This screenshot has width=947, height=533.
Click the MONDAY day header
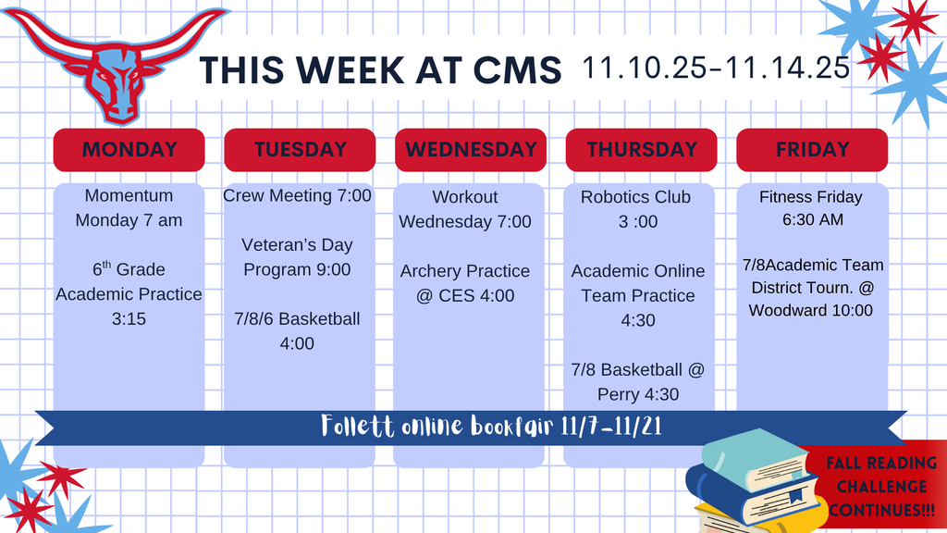click(x=129, y=150)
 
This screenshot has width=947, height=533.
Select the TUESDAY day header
click(x=300, y=150)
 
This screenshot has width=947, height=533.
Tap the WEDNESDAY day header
click(x=471, y=150)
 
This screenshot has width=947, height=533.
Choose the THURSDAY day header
click(x=641, y=150)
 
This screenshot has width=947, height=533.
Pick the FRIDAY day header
click(x=812, y=150)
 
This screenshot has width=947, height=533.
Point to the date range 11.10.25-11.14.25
click(x=716, y=68)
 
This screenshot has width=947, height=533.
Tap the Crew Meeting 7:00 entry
click(x=298, y=196)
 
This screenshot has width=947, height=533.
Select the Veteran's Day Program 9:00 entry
click(x=298, y=257)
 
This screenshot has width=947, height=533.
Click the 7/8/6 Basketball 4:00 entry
click(x=298, y=331)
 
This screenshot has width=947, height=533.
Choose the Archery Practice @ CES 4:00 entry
click(x=465, y=283)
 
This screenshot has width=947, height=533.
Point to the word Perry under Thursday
click(x=619, y=394)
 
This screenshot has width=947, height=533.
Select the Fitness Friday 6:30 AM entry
click(x=810, y=208)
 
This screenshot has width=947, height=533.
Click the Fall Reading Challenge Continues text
click(x=880, y=487)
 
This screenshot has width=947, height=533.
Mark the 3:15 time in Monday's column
click(x=129, y=319)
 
